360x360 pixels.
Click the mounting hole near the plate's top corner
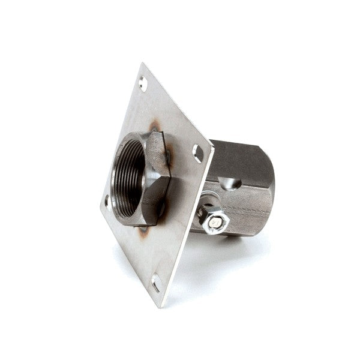[143, 84]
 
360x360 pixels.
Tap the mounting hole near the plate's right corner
[198, 154]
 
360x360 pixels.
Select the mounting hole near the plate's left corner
[108, 200]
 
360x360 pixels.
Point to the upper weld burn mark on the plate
[155, 127]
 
